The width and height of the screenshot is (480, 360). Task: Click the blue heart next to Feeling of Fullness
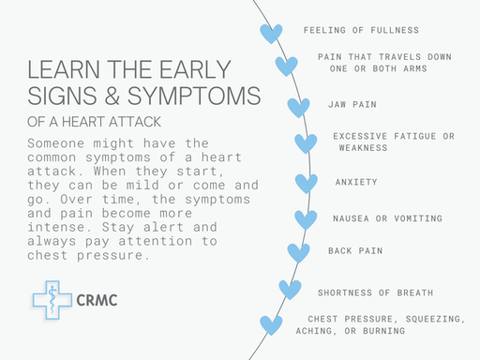tap(271, 34)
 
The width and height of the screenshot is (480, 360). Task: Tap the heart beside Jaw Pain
tap(298, 107)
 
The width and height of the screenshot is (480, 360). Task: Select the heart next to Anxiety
tap(307, 183)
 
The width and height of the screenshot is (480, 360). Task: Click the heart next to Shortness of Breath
tap(290, 290)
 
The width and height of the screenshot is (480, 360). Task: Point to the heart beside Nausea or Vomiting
tap(306, 219)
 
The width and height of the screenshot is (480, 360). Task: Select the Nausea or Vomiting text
tap(387, 218)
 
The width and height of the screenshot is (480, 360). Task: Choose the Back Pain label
tap(355, 251)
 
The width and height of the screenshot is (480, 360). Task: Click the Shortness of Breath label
tap(375, 292)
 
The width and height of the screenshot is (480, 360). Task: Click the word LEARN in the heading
tap(59, 71)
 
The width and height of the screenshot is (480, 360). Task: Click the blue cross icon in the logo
tap(52, 300)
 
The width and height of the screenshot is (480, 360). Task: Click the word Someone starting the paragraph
tap(54, 142)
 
